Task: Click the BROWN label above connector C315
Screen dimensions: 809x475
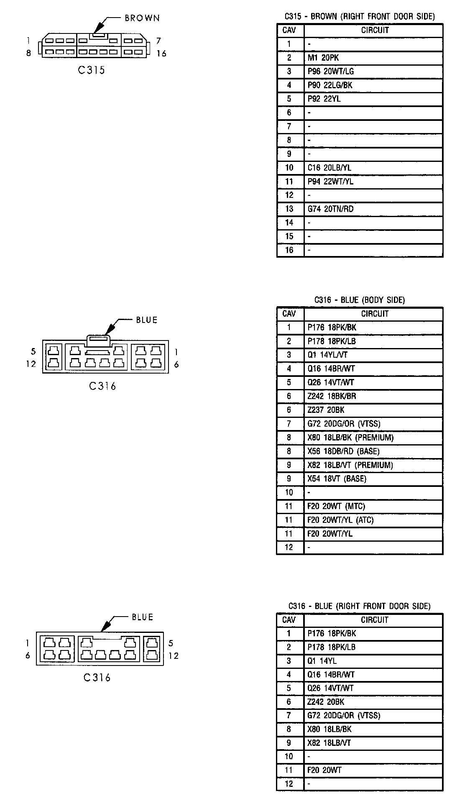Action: (142, 18)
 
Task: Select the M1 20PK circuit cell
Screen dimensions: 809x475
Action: (323, 58)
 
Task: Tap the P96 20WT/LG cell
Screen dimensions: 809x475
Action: (330, 72)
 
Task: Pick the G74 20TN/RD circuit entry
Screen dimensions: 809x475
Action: (330, 209)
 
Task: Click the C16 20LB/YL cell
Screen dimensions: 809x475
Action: (329, 168)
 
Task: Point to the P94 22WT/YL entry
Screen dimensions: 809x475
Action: (330, 182)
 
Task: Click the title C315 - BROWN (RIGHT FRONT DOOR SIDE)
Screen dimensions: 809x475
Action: (360, 16)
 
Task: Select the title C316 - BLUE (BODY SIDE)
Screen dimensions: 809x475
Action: (360, 300)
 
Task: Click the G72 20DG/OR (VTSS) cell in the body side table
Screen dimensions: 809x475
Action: (344, 424)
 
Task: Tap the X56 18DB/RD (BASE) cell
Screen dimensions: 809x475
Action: (343, 451)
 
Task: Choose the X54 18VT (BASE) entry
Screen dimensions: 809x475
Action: (337, 479)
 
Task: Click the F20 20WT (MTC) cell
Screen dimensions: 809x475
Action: (336, 506)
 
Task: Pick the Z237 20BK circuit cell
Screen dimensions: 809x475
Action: (326, 410)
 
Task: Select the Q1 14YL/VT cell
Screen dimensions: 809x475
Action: (327, 355)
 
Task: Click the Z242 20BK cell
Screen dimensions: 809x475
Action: (326, 702)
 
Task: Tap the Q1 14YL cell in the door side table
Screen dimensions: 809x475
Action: (322, 661)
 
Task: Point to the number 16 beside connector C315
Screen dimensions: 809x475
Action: (161, 54)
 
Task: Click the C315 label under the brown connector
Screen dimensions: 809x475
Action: (91, 70)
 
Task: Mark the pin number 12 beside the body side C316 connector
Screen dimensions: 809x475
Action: (31, 364)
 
